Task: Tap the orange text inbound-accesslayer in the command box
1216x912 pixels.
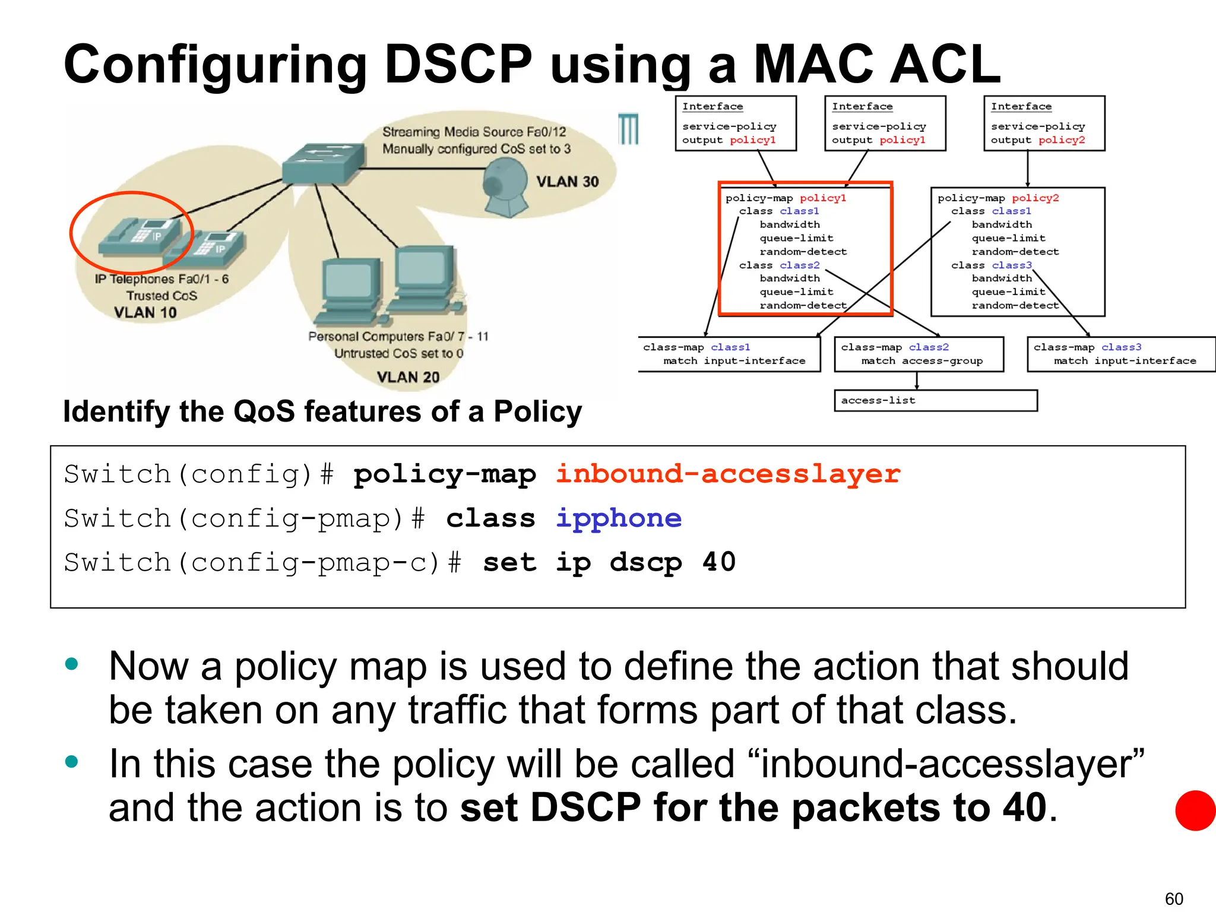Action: [728, 474]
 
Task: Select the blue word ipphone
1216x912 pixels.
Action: [619, 518]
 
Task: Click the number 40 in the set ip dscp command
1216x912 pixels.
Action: [719, 562]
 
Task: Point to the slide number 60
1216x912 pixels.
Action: [1174, 898]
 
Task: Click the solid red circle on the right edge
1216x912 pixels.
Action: [1196, 810]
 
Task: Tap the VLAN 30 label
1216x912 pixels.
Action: [567, 182]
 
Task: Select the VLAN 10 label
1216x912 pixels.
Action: [145, 312]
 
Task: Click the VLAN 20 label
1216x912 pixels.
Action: [408, 377]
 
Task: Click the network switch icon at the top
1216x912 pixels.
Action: [324, 162]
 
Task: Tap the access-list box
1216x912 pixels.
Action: [935, 400]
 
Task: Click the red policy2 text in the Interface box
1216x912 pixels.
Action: [1062, 140]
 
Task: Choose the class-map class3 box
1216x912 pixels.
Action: [1120, 354]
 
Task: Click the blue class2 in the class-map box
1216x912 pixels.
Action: [929, 347]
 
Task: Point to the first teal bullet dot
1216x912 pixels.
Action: [72, 664]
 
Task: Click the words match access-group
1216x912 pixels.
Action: [921, 361]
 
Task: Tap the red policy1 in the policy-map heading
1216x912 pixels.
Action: [822, 198]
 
